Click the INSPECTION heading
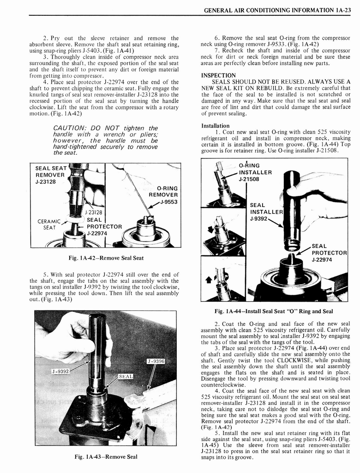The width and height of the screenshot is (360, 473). [218, 75]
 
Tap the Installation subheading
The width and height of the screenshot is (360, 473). [216, 126]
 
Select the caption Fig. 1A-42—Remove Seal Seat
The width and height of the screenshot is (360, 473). [106, 258]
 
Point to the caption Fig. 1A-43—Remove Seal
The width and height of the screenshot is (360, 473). [106, 457]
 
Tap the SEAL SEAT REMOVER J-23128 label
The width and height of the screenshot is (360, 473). [50, 175]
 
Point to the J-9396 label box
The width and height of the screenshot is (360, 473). [156, 361]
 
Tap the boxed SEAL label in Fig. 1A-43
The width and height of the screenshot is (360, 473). [126, 376]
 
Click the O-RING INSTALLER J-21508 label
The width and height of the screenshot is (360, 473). [255, 172]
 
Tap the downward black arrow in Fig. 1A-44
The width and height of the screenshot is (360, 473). [210, 229]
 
